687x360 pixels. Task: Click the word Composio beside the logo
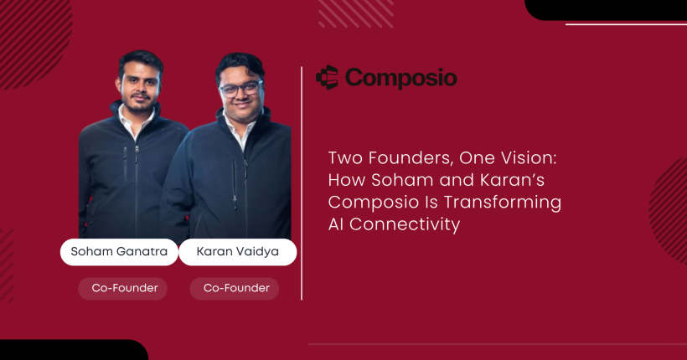pos(400,78)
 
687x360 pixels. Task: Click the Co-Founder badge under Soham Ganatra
pos(122,288)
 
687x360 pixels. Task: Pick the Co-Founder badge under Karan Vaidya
pos(235,288)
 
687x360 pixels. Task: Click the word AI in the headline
pos(337,224)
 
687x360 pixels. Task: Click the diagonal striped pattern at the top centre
pos(343,12)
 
